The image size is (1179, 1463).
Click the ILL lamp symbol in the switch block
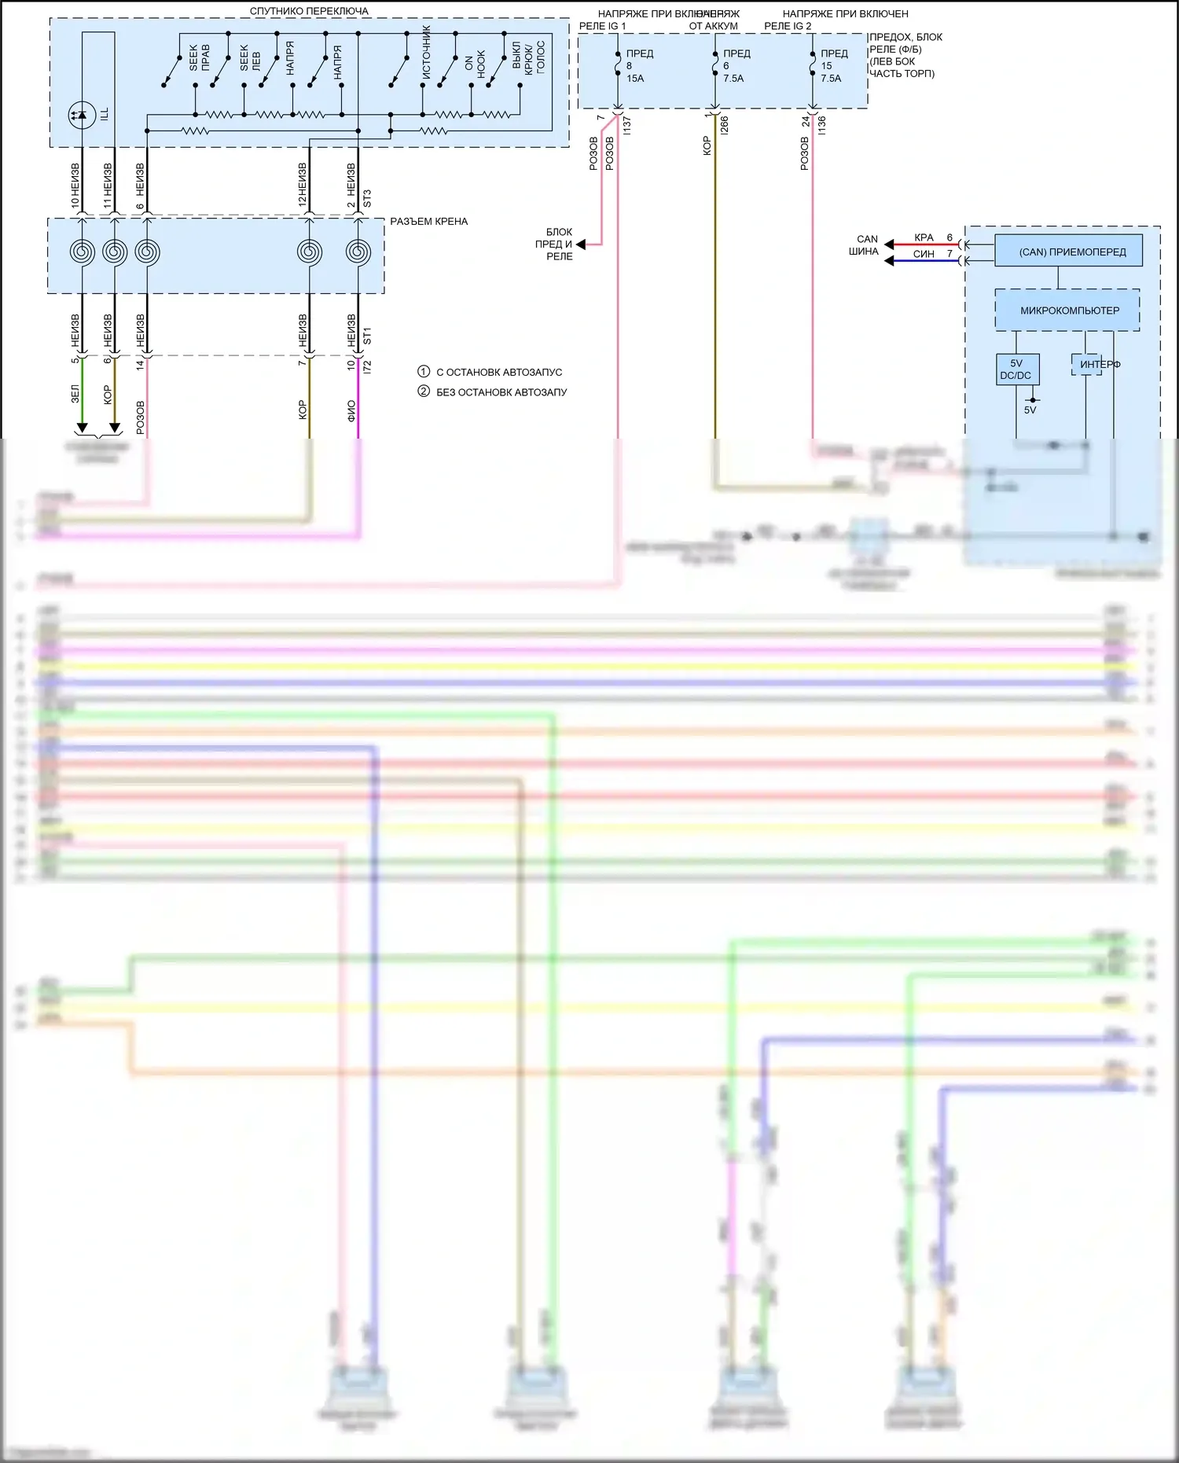[83, 115]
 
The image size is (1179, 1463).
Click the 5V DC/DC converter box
[1016, 369]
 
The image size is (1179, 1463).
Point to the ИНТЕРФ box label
[1099, 364]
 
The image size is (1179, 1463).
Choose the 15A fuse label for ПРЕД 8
[635, 79]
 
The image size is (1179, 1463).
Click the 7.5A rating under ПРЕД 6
[733, 79]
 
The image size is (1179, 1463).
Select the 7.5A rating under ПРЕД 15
[831, 79]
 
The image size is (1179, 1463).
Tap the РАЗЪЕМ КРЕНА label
[428, 222]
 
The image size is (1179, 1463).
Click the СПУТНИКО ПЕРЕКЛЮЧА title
[309, 11]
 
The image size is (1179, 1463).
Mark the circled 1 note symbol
[424, 372]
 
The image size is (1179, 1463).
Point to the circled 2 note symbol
[424, 391]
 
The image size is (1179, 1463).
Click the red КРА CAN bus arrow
[890, 244]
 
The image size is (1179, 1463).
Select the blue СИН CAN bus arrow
[890, 261]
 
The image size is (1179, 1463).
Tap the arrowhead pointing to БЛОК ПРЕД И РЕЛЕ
[581, 244]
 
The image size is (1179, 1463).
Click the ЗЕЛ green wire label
[75, 393]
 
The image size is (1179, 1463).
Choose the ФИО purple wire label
[351, 410]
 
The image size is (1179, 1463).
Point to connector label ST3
[367, 198]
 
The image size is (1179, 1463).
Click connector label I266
[725, 124]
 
